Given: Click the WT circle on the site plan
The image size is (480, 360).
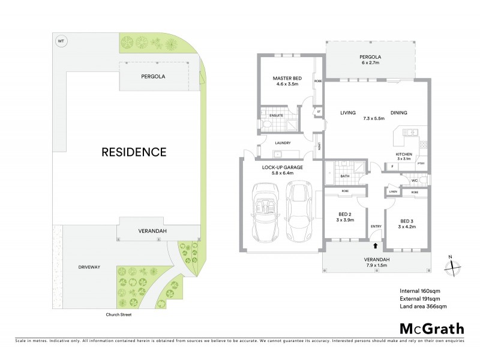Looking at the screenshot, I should [x=60, y=41].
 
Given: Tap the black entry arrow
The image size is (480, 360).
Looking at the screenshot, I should [x=376, y=245].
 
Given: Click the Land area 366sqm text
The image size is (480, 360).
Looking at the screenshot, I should [x=422, y=307].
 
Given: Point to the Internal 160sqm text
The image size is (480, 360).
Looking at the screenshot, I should [x=421, y=291].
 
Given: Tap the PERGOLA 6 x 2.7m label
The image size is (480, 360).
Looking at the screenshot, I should [x=370, y=59].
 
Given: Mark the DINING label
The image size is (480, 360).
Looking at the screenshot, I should [x=398, y=113].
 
